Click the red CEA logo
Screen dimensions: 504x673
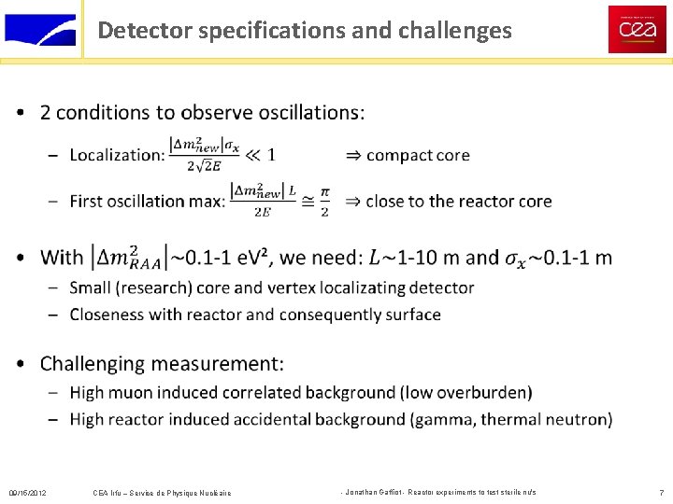[637, 29]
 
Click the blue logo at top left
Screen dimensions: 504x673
[40, 29]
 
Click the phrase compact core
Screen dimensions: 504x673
[418, 155]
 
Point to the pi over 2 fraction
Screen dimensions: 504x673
[324, 201]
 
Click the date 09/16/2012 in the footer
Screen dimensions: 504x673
[27, 492]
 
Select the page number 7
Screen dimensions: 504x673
[661, 492]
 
